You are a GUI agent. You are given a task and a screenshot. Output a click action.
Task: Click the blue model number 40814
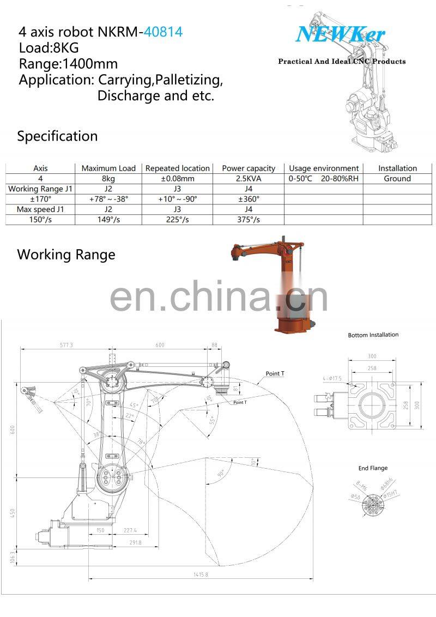pyautogui.click(x=163, y=32)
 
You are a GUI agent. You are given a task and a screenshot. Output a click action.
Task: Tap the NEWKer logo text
pyautogui.click(x=340, y=35)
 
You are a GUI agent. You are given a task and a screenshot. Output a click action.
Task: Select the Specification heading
pyautogui.click(x=57, y=136)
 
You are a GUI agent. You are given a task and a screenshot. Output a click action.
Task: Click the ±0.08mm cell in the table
pyautogui.click(x=177, y=178)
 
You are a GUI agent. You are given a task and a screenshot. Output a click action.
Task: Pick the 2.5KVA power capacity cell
pyautogui.click(x=248, y=178)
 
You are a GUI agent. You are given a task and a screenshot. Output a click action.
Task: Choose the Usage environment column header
pyautogui.click(x=324, y=168)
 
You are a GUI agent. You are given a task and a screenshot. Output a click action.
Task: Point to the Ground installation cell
pyautogui.click(x=397, y=178)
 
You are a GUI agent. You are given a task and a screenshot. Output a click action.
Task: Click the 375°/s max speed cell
pyautogui.click(x=248, y=220)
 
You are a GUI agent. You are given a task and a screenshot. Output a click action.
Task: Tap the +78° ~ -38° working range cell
pyautogui.click(x=108, y=199)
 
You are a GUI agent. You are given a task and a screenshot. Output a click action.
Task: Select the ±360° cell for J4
pyautogui.click(x=248, y=199)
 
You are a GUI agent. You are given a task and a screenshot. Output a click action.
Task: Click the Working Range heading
pyautogui.click(x=66, y=255)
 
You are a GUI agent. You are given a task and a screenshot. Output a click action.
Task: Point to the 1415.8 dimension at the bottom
pyautogui.click(x=201, y=574)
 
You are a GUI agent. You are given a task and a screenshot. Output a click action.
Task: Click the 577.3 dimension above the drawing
pyautogui.click(x=66, y=345)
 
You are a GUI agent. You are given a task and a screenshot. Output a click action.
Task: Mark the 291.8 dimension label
pyautogui.click(x=135, y=542)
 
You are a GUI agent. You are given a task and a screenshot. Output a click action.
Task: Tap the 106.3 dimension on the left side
pyautogui.click(x=13, y=556)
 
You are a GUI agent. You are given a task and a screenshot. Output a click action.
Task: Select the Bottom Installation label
pyautogui.click(x=373, y=335)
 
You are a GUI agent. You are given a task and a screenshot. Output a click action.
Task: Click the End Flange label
pyautogui.click(x=373, y=468)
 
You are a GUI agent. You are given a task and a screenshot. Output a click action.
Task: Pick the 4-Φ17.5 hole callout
pyautogui.click(x=331, y=378)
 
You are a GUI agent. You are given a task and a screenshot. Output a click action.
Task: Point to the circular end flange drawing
pyautogui.click(x=372, y=504)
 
